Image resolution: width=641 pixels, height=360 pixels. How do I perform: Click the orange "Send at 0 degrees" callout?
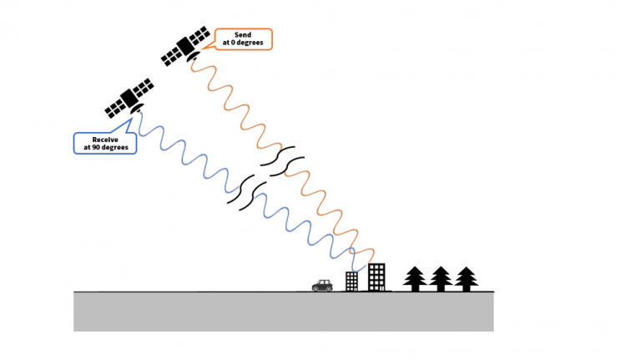(243, 39)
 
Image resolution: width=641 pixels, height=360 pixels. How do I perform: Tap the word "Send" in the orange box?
(243, 35)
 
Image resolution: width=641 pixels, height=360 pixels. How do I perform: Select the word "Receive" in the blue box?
(105, 139)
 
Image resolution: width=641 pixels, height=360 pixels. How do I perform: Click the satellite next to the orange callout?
(186, 46)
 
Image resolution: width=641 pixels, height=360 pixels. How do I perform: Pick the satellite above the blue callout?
(129, 99)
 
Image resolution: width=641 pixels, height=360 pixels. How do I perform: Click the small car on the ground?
(322, 286)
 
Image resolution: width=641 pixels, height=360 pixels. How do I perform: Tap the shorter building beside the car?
(351, 281)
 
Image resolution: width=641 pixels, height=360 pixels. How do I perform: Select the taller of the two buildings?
(376, 277)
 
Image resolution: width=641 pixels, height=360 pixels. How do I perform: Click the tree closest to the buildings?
(415, 279)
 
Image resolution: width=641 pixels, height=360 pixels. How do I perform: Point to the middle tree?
(441, 279)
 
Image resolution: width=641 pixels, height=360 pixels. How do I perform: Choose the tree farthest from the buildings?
(466, 279)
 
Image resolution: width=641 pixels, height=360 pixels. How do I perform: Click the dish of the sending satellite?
(194, 57)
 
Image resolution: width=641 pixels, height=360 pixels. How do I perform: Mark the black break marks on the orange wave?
(283, 161)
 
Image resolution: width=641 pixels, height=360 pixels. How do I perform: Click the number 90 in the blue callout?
(95, 147)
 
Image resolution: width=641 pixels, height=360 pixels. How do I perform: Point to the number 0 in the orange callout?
(233, 43)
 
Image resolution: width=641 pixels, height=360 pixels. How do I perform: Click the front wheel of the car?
(329, 288)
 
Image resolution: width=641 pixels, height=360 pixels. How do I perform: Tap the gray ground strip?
(284, 312)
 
